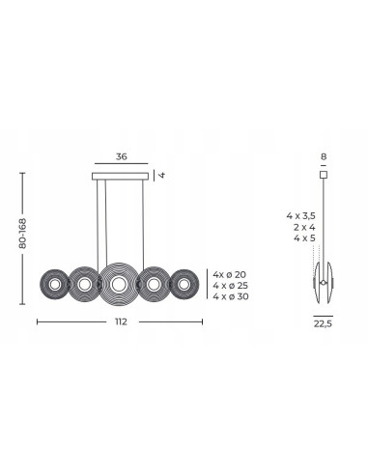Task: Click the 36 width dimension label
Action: pos(122,156)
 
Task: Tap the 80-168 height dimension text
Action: pos(22,234)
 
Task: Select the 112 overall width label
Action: pos(121,321)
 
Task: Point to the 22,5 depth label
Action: pos(323,323)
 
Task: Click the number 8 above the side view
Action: pos(324,156)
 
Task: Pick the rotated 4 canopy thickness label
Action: pos(162,175)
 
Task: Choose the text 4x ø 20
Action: pos(229,274)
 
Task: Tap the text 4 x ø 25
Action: pos(231,286)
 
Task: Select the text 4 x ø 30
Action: pos(231,296)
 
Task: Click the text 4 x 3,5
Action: pos(301,216)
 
